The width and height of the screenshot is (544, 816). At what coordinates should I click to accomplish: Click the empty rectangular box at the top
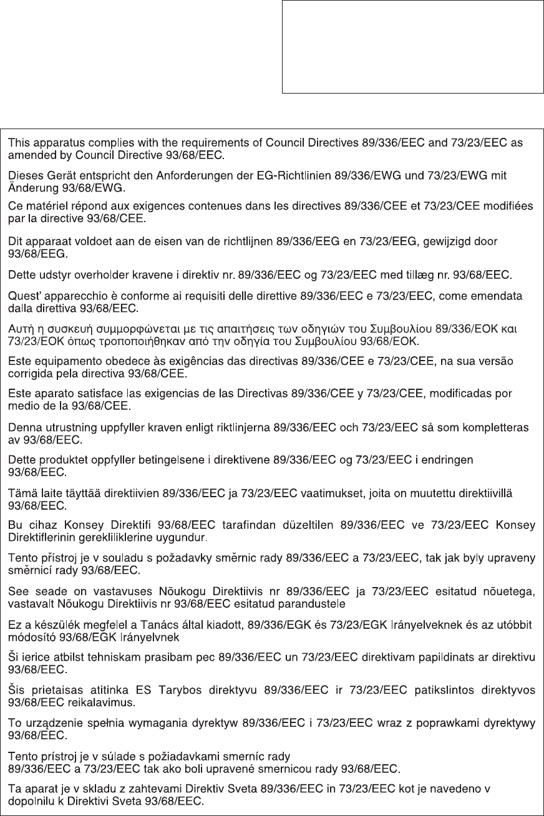tap(412, 47)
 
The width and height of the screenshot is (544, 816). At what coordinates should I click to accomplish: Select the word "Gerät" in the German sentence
tap(56, 177)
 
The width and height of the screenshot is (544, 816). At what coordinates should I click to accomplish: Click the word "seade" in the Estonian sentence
tap(41, 592)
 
